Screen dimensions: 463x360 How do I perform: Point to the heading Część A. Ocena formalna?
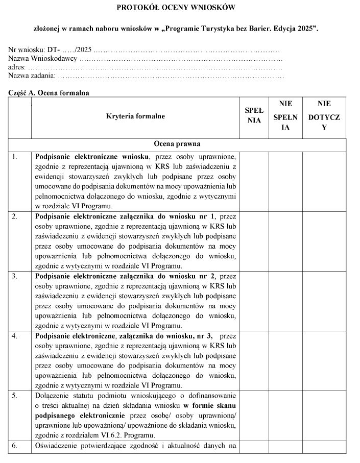tap(49, 93)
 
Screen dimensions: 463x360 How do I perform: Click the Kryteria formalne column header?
tap(135, 116)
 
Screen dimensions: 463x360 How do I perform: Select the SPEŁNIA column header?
tap(254, 116)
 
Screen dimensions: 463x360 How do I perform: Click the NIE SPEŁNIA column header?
tap(285, 116)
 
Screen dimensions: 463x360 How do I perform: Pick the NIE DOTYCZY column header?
tap(324, 116)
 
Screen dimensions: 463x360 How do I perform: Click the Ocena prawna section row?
tap(177, 144)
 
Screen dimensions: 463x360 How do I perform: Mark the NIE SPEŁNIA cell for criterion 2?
tap(285, 240)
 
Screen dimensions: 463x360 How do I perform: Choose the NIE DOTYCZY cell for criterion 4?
tap(324, 360)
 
